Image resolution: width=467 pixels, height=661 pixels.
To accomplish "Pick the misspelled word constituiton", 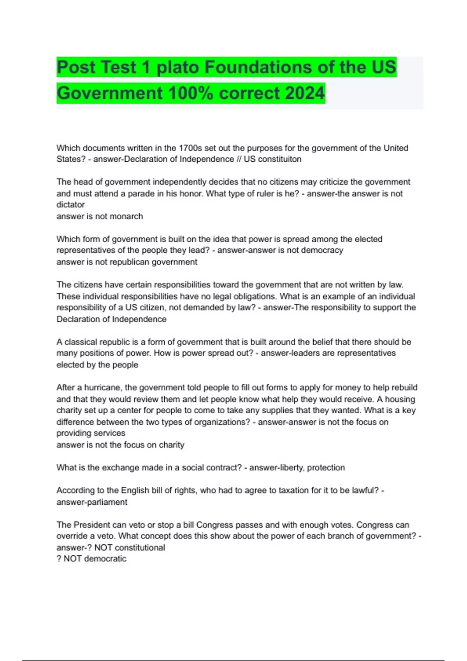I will pos(272,159).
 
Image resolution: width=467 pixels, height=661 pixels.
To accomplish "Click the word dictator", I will pos(70,205).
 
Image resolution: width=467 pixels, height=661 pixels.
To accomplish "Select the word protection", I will pos(326,468).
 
